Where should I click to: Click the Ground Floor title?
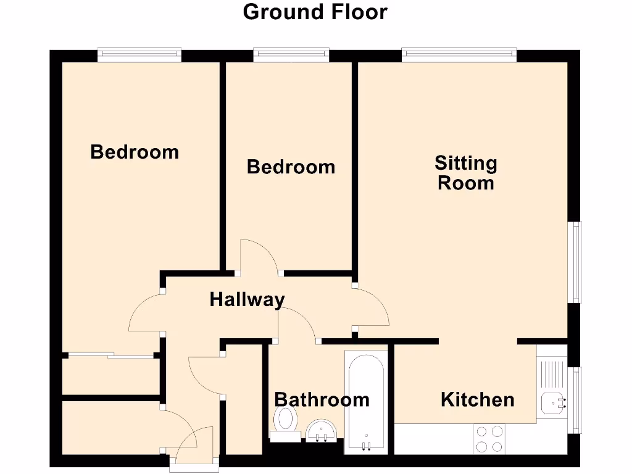click(x=315, y=12)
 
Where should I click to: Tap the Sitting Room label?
click(x=466, y=173)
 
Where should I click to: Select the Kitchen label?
click(x=477, y=399)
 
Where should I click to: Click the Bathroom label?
click(x=322, y=399)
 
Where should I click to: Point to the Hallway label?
click(x=247, y=300)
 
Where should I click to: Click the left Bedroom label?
click(x=135, y=152)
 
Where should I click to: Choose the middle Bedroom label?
click(x=291, y=167)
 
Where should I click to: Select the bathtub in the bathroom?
click(x=367, y=401)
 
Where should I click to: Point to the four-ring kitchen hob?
click(x=489, y=439)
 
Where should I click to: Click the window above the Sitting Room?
click(x=459, y=56)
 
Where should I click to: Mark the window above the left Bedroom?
click(x=139, y=56)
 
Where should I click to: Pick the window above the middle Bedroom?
click(x=291, y=56)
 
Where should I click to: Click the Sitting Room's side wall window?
click(x=575, y=262)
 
